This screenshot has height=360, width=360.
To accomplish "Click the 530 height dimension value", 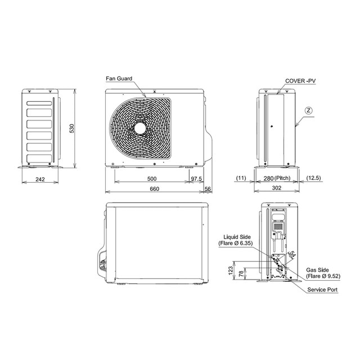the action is [x=71, y=129].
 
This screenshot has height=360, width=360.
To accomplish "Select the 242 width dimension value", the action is [x=40, y=179].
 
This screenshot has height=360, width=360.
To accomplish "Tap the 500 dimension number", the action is [x=152, y=179].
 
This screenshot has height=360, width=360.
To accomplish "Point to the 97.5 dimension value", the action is [x=196, y=179].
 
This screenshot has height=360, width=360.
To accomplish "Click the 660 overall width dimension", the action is [x=154, y=189].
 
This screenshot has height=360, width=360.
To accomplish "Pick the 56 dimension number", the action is [x=208, y=189].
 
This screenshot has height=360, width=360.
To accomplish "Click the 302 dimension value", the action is [x=276, y=188].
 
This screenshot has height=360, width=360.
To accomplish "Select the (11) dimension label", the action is [x=241, y=178].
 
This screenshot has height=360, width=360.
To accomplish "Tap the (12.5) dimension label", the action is [x=313, y=178].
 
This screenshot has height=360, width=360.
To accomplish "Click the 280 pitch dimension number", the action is [x=268, y=178].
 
